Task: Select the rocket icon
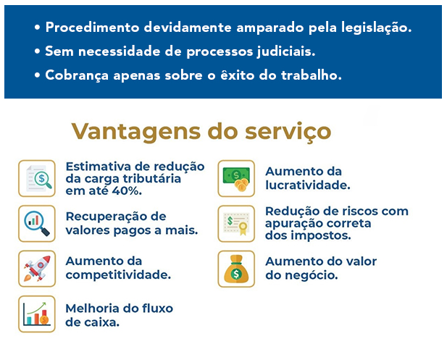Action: [x=37, y=269]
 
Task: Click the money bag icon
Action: [x=236, y=269]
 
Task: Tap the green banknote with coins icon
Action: [x=236, y=178]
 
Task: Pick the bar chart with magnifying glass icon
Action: [x=37, y=223]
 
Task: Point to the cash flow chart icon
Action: [x=37, y=314]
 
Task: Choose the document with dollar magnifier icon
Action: [x=37, y=178]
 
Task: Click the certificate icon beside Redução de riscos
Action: [x=236, y=223]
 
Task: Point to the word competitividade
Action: [x=118, y=275]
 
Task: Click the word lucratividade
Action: [x=308, y=185]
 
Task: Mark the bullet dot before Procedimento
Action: [x=37, y=28]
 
